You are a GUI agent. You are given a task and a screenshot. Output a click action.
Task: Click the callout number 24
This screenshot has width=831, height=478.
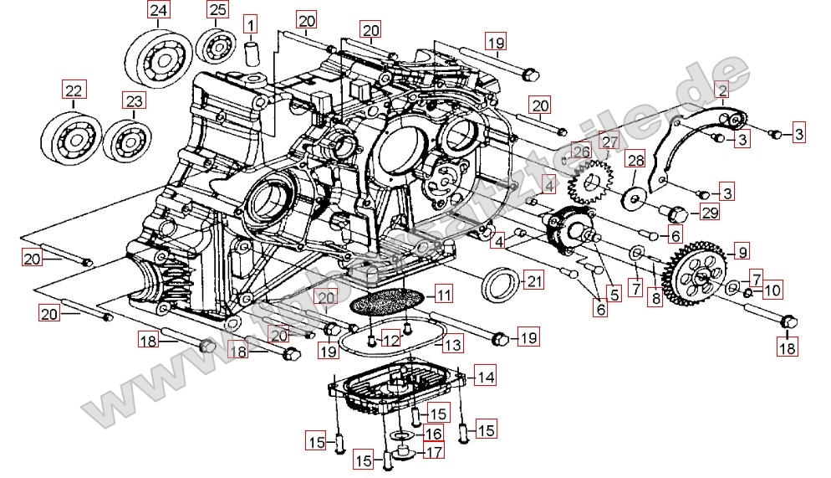click(158, 11)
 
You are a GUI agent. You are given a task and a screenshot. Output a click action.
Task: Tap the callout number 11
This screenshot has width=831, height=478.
click(442, 295)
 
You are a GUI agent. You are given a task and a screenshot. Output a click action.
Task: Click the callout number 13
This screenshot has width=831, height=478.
click(451, 344)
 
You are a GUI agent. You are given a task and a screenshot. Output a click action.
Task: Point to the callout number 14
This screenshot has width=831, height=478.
click(486, 377)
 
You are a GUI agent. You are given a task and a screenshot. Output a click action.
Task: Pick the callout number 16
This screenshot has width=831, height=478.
click(432, 434)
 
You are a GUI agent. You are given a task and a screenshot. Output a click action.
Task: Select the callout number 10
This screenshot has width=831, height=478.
click(772, 291)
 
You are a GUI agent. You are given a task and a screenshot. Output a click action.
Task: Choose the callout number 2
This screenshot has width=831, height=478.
click(721, 89)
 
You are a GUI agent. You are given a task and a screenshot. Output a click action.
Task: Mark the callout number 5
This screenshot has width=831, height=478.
click(614, 295)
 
